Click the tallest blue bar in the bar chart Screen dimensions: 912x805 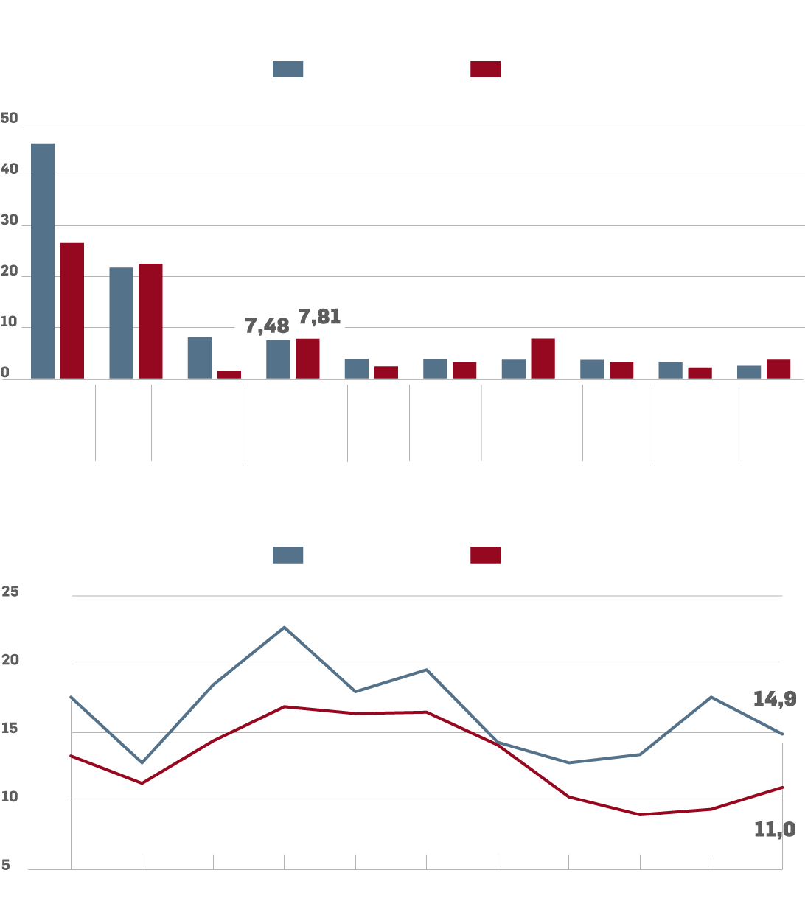click(x=43, y=261)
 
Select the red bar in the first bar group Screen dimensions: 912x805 click(x=72, y=310)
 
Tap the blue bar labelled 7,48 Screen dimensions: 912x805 click(x=278, y=359)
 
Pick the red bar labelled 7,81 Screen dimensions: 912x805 click(x=307, y=359)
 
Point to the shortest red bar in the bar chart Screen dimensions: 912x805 click(x=229, y=374)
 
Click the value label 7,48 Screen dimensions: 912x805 click(x=267, y=326)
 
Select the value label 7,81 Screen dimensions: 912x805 click(x=319, y=317)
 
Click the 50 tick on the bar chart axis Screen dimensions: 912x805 click(x=10, y=119)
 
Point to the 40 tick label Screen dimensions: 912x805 click(x=10, y=169)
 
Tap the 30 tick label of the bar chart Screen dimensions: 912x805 click(x=10, y=220)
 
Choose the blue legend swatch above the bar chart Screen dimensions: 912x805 click(x=287, y=69)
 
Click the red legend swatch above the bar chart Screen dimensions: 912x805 click(x=485, y=69)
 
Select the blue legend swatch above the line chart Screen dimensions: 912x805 click(x=287, y=555)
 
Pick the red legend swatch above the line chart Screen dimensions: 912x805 click(x=485, y=555)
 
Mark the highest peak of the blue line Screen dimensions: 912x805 click(x=285, y=628)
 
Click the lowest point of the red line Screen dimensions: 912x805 click(x=640, y=814)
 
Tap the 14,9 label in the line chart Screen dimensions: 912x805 click(x=774, y=699)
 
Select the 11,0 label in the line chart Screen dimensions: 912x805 click(x=774, y=829)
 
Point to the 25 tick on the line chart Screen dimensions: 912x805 click(x=10, y=592)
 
